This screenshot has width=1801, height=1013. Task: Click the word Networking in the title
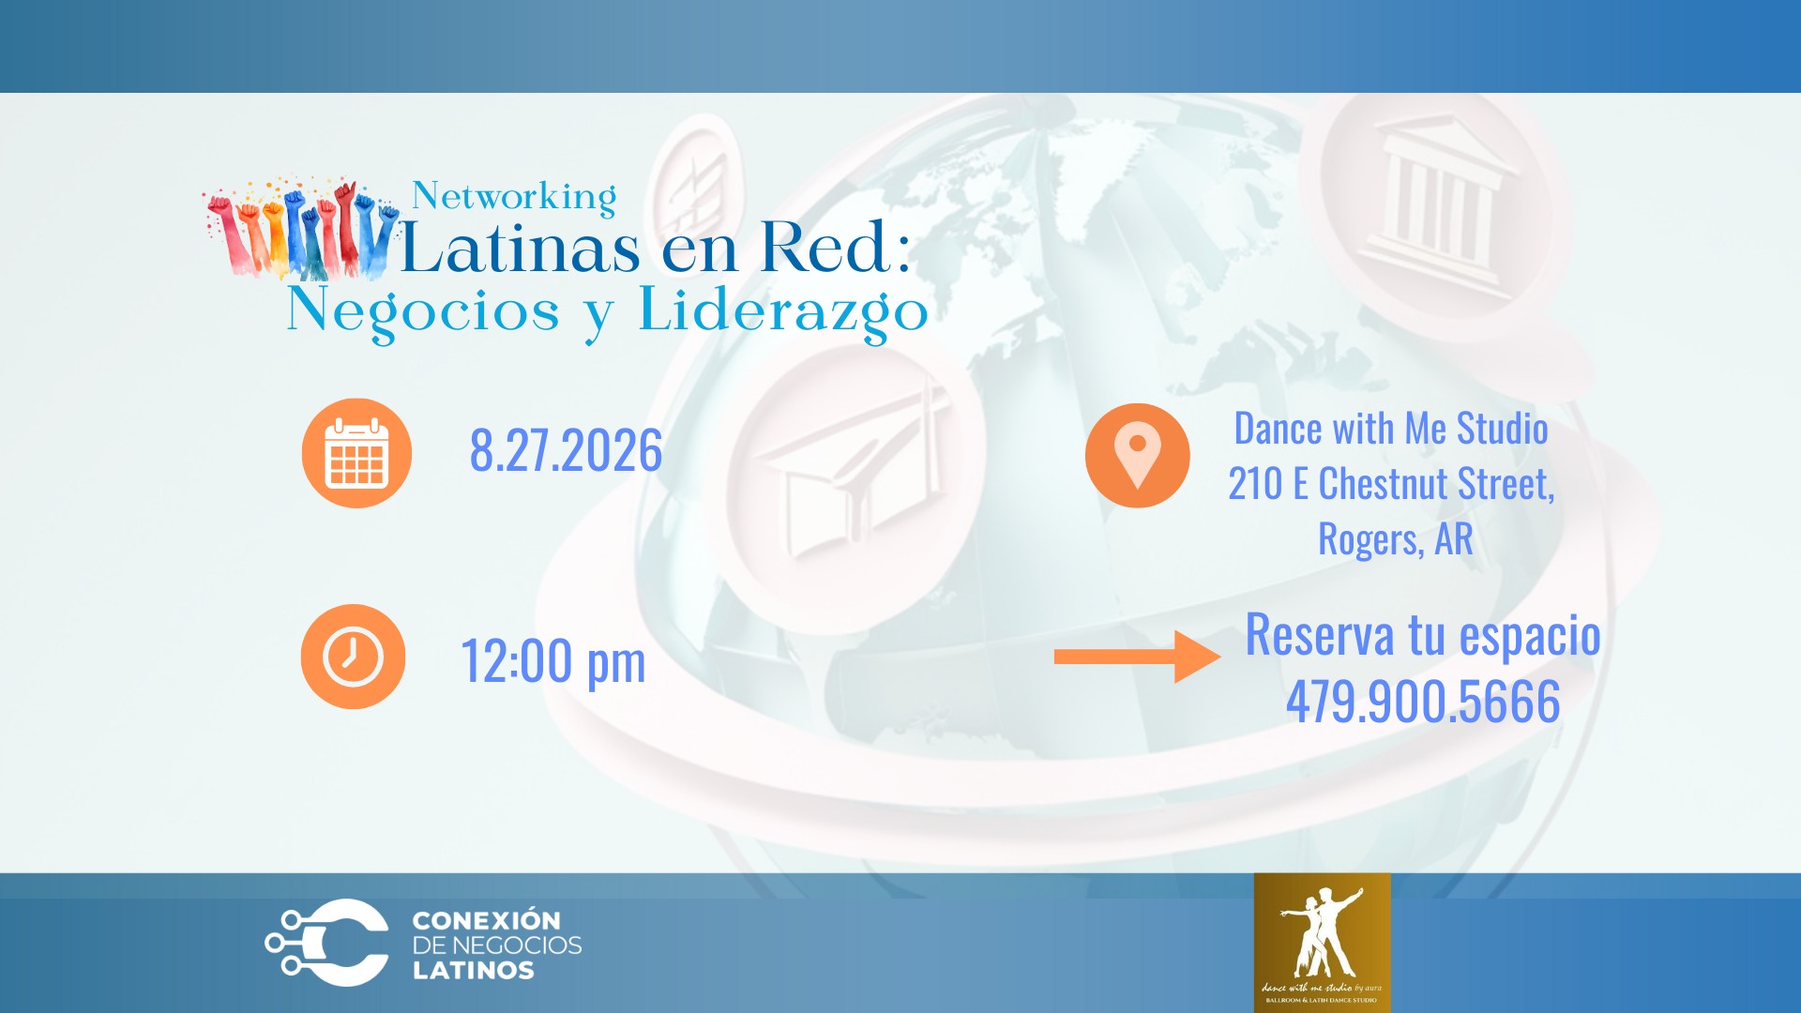point(514,197)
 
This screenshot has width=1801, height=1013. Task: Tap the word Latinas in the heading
point(521,248)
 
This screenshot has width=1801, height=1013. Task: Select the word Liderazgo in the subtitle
point(782,311)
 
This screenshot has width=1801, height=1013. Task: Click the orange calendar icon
point(356,453)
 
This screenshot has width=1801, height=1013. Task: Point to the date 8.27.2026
point(566,451)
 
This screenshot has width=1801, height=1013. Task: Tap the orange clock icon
point(353,657)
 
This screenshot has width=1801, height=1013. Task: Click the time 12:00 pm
point(553,661)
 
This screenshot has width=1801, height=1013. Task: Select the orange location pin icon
point(1137,456)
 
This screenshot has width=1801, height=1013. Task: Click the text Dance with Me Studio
point(1390,429)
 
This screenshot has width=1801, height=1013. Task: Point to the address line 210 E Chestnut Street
point(1391,484)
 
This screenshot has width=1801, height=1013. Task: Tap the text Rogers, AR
point(1395,539)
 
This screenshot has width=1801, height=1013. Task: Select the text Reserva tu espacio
point(1422,635)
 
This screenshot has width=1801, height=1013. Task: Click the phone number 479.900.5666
point(1422,702)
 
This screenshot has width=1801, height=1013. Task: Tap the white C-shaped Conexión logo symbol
point(328,943)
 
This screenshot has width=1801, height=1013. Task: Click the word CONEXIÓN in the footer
point(486,920)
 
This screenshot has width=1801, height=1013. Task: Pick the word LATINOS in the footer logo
point(473,971)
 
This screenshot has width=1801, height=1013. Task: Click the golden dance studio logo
point(1322,942)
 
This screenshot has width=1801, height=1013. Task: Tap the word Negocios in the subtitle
point(423,311)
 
